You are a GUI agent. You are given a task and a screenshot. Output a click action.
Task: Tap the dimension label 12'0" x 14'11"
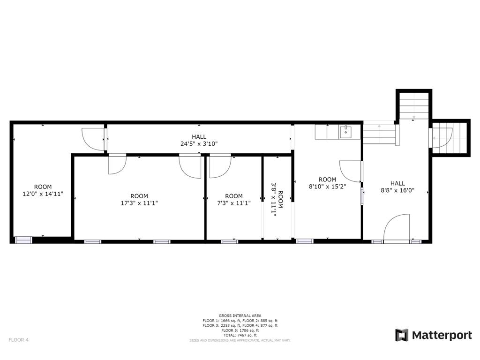(43, 193)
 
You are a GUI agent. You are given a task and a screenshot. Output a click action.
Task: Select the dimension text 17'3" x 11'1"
(139, 203)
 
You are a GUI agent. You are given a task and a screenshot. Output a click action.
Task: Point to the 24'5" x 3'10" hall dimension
(199, 144)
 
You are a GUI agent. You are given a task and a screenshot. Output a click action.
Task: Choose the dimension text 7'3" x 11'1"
(234, 203)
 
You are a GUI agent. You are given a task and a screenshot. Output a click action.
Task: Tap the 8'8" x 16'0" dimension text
(397, 191)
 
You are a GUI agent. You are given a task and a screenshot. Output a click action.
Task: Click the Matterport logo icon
(402, 335)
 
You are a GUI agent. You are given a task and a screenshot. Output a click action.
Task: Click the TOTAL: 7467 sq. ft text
(240, 335)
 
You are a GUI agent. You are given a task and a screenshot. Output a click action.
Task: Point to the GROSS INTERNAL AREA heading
(240, 315)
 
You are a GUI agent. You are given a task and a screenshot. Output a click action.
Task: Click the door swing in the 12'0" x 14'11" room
(93, 139)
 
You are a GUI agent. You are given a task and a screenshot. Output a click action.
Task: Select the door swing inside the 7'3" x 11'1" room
(219, 167)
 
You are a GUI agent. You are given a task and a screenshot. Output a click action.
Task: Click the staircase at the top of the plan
(414, 107)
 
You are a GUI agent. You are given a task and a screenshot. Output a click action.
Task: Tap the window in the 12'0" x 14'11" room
(22, 240)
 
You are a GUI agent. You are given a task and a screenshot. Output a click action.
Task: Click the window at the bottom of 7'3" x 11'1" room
(230, 241)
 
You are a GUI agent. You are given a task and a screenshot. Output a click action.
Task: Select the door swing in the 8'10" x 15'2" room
(351, 171)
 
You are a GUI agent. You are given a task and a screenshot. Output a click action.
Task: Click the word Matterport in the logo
(442, 335)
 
